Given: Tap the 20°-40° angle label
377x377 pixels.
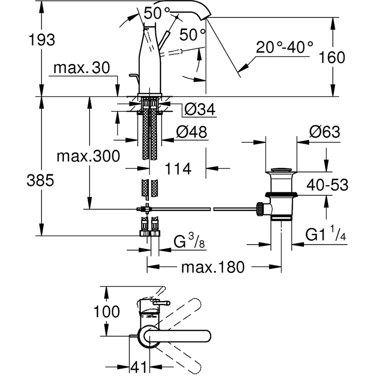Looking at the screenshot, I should click(285, 47).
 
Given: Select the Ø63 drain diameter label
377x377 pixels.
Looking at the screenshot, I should click(325, 132).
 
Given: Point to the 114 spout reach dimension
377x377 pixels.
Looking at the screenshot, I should click(178, 168).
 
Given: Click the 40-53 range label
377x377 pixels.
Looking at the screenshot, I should click(327, 185).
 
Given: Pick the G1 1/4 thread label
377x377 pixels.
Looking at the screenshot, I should click(326, 234).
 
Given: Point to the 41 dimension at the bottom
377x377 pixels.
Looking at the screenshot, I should click(139, 366).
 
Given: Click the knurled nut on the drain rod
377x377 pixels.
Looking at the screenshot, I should click(259, 208).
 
